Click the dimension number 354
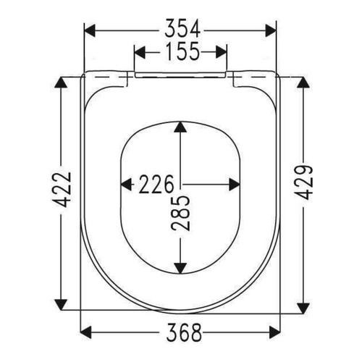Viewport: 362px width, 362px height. [x=181, y=29]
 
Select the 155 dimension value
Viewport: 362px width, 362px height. [x=181, y=53]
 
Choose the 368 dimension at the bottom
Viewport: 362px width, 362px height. [x=181, y=333]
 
